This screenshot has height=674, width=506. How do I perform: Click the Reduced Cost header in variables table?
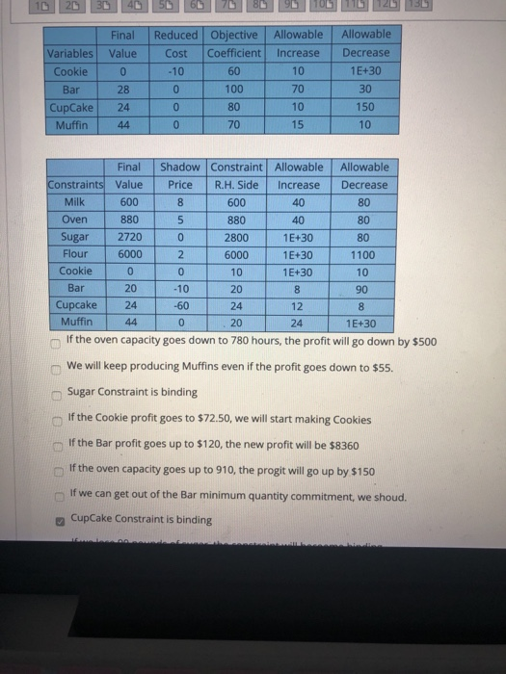176,44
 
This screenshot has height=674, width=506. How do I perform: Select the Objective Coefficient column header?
234,44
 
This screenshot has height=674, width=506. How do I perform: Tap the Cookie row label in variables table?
70,71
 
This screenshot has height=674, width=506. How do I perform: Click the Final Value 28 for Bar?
122,89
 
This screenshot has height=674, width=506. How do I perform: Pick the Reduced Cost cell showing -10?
175,71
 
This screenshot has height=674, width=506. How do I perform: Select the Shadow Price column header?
180,175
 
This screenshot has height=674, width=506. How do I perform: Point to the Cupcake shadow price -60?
180,305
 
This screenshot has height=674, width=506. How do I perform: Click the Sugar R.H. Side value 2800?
235,237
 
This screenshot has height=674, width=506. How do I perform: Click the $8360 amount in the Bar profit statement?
340,445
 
